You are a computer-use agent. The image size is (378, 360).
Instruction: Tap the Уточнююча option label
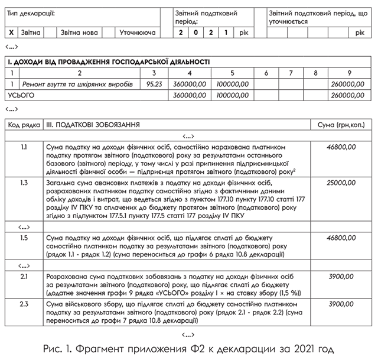pyautogui.click(x=137, y=32)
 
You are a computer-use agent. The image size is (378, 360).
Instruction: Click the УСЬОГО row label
pyautogui.click(x=21, y=95)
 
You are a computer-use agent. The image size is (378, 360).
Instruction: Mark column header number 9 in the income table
pyautogui.click(x=350, y=73)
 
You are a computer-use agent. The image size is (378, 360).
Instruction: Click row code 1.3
pyautogui.click(x=24, y=183)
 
